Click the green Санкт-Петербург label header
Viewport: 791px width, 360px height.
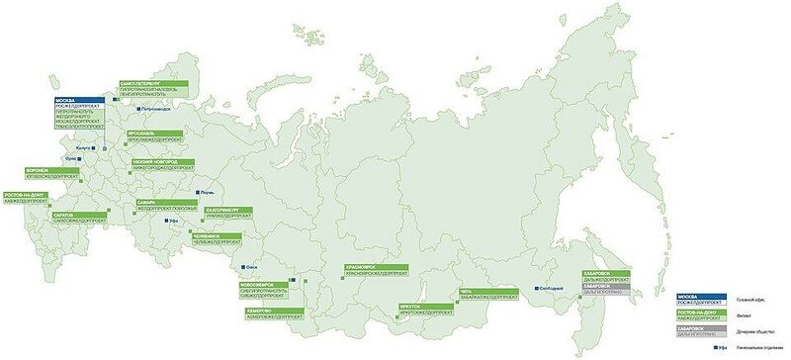click(x=138, y=84)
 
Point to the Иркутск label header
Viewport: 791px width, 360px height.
click(x=412, y=307)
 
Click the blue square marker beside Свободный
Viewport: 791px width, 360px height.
click(x=536, y=288)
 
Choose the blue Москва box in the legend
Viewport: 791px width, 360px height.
click(x=702, y=296)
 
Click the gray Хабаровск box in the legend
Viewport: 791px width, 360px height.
click(x=702, y=327)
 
